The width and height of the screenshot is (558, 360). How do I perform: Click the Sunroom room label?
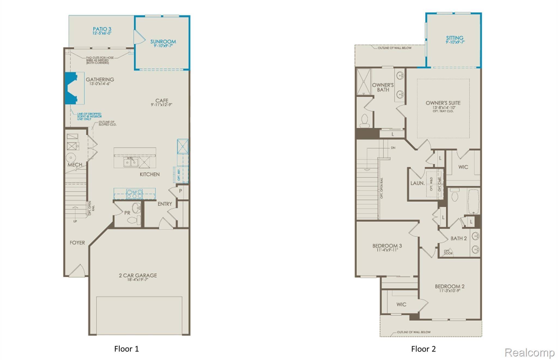click(163, 42)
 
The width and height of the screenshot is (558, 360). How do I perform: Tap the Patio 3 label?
click(102, 29)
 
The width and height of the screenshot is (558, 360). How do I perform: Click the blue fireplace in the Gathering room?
click(70, 88)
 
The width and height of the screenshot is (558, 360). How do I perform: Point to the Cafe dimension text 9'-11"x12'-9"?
click(162, 105)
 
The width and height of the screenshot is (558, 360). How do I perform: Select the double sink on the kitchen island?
click(131, 162)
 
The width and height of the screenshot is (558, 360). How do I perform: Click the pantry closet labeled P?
click(180, 191)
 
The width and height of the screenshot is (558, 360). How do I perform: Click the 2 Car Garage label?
click(138, 275)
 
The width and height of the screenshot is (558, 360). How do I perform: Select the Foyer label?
click(77, 243)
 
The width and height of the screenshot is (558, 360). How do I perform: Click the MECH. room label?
click(75, 165)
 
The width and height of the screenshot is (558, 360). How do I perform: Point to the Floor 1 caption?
click(126, 349)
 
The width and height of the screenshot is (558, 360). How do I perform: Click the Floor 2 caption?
click(423, 349)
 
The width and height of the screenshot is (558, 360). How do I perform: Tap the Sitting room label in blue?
click(454, 38)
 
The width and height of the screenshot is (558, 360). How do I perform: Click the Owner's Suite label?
click(443, 103)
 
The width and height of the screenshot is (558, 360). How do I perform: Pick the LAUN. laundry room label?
click(417, 183)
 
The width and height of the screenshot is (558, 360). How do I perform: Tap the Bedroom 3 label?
click(387, 246)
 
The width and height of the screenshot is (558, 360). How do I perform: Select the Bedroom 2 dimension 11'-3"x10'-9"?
click(450, 291)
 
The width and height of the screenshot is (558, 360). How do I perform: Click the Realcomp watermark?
click(529, 352)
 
